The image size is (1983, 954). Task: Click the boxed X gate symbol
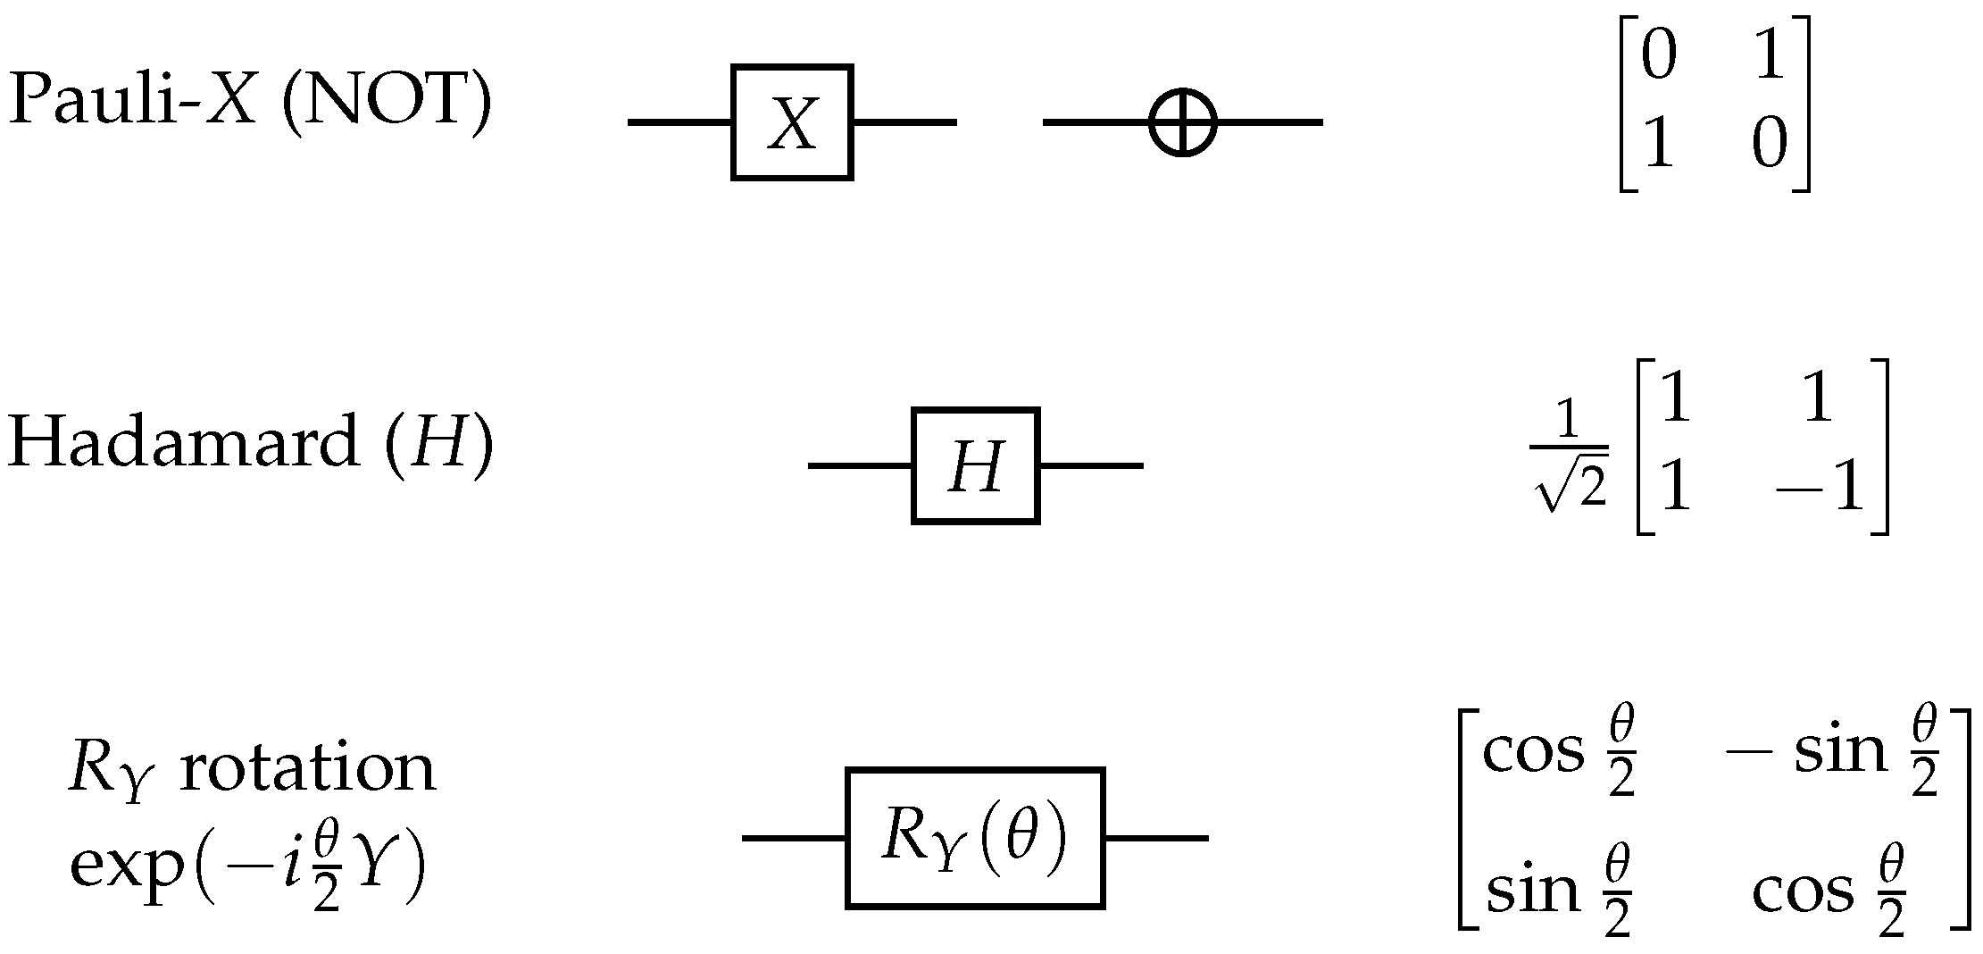(x=792, y=122)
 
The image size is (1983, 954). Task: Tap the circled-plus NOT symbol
(x=1182, y=122)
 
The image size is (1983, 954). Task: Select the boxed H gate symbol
(x=975, y=465)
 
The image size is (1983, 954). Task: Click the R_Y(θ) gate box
(x=975, y=838)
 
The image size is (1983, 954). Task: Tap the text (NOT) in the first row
(x=386, y=100)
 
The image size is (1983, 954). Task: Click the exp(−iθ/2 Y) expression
(x=248, y=872)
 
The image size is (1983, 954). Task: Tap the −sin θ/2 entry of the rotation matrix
(x=1830, y=753)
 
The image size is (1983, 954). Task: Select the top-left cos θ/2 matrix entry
(x=1559, y=753)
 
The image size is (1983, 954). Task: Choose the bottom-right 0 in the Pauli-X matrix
(x=1769, y=146)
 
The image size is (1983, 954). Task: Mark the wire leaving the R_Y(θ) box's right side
(x=1156, y=838)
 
